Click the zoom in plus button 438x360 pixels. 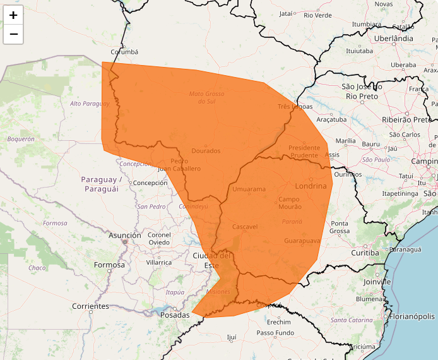tap(13, 15)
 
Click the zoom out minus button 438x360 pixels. tap(13, 34)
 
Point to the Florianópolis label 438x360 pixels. tap(412, 316)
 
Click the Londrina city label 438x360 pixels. tap(312, 186)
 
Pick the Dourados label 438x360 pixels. tap(206, 151)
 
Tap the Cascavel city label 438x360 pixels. tap(245, 226)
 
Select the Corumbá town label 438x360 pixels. tap(124, 52)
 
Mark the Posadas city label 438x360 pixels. tap(175, 315)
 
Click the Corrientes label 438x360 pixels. tap(90, 306)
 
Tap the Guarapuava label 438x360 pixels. tap(303, 241)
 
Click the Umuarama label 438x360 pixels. tap(249, 189)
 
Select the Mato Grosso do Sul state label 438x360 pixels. tap(207, 97)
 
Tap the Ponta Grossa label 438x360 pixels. tap(340, 227)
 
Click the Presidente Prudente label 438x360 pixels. tap(304, 152)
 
